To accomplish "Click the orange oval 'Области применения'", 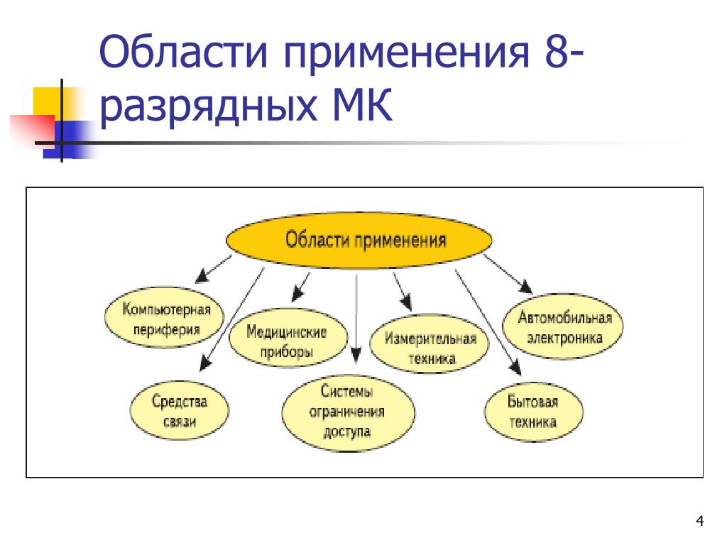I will [359, 240].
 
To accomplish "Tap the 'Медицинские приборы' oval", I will [288, 341].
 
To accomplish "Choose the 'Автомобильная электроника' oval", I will [564, 327].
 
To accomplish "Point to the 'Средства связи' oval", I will [179, 412].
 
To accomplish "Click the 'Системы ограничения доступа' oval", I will [347, 411].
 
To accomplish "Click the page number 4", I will [700, 523].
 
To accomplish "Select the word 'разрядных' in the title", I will [213, 109].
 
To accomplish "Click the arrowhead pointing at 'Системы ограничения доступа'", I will [356, 352].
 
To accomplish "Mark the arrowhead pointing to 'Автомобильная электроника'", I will [526, 287].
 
